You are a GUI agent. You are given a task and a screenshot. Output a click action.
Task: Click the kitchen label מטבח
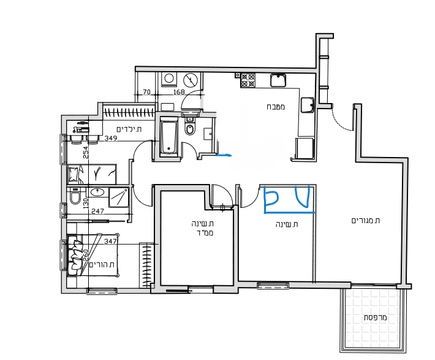point(276,107)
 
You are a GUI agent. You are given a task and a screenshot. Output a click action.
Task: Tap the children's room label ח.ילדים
point(129,129)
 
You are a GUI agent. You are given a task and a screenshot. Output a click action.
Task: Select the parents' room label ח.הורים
point(102,264)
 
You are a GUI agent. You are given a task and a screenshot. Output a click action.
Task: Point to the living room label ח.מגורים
point(366,221)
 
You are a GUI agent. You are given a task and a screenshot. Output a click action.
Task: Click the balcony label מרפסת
point(375,318)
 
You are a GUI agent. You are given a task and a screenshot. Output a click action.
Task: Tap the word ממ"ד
point(206,233)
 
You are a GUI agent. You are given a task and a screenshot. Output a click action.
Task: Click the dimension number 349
point(111,138)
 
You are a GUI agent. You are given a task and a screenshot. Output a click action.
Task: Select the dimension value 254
point(86,153)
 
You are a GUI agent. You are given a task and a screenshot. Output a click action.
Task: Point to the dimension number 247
point(97,212)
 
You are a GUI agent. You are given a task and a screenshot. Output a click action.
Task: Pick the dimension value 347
point(110,241)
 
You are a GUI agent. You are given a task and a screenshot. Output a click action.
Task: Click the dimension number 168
point(180,91)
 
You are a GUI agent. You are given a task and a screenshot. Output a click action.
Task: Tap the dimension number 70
point(146,91)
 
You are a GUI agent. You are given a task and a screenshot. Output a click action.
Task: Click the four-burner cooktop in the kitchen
point(248,80)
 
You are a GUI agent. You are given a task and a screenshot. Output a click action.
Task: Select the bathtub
point(169,136)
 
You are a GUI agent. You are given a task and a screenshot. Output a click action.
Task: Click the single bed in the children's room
point(92,174)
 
